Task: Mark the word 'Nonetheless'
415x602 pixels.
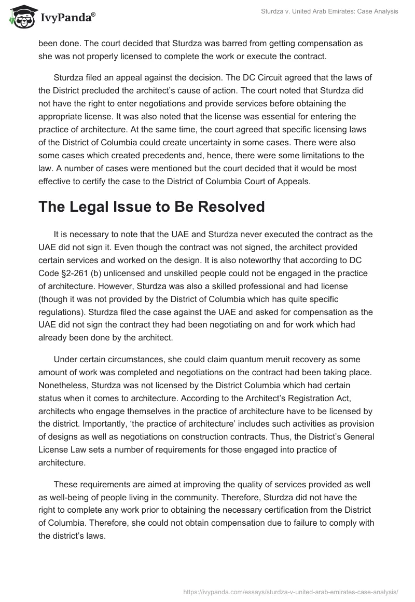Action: point(63,384)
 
